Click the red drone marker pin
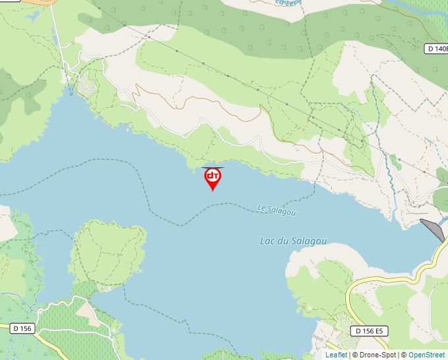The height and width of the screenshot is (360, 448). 212,178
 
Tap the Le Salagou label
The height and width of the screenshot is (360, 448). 277,210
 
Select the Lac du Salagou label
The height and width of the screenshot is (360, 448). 293,242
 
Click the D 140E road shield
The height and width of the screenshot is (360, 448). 436,48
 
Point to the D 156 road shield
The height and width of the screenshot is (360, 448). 22,328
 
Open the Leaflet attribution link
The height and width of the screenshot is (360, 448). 336,355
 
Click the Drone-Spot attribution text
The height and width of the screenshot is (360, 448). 374,355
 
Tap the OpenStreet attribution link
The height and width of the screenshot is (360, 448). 426,355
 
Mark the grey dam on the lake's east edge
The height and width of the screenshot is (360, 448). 433,229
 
